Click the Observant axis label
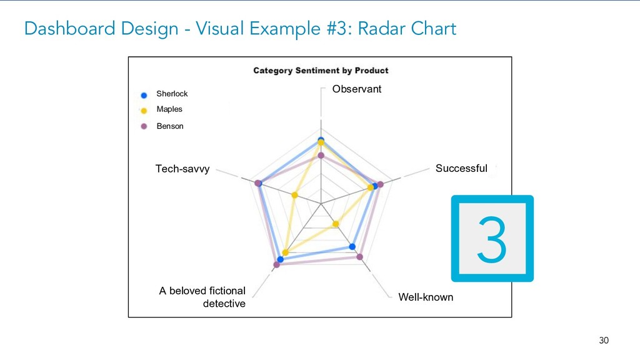tap(356, 89)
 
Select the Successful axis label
tap(461, 168)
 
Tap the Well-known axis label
tap(426, 297)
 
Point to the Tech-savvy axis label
tap(182, 169)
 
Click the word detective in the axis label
tap(224, 304)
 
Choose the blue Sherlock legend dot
tap(144, 95)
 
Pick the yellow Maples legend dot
tap(144, 111)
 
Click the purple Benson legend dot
tap(144, 126)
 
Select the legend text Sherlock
tap(172, 94)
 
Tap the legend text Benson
tap(170, 126)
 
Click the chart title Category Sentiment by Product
tap(321, 71)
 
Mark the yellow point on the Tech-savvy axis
tap(294, 195)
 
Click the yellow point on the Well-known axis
tap(336, 224)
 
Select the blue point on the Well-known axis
tap(352, 246)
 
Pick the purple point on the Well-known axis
tap(359, 257)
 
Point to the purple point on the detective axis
tap(277, 265)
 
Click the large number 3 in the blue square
tap(492, 239)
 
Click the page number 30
tap(603, 341)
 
